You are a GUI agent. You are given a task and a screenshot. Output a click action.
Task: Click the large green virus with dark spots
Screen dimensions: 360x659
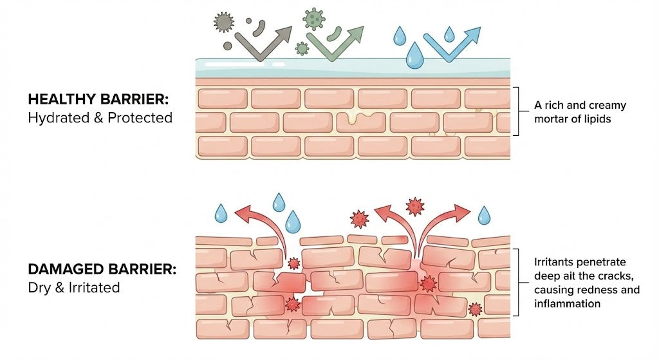click(313, 19)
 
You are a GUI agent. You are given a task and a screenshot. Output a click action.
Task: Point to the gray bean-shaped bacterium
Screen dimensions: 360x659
click(259, 28)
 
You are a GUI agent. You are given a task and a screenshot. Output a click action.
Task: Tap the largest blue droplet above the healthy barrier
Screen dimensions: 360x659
click(414, 56)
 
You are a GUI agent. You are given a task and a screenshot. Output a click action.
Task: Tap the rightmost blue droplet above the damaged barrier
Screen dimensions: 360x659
click(484, 215)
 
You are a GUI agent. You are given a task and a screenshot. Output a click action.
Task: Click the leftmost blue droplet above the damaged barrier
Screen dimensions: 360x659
click(221, 213)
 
